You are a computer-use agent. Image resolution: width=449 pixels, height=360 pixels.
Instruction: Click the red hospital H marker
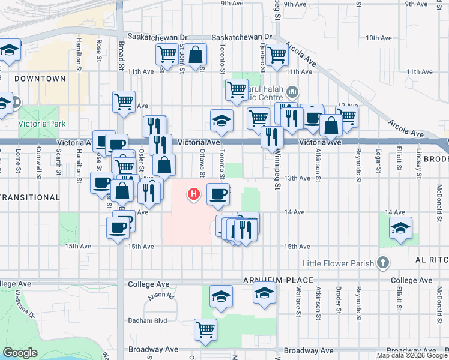click(193, 194)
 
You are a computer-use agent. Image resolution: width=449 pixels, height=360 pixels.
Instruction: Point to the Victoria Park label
click(40, 124)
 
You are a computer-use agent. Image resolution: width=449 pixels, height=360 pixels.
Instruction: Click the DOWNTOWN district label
click(40, 79)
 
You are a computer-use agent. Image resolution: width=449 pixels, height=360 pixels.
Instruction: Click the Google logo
click(20, 353)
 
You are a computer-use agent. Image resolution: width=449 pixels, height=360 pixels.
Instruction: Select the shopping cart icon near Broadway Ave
click(205, 329)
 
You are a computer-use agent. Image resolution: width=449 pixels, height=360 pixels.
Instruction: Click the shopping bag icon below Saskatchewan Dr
click(196, 55)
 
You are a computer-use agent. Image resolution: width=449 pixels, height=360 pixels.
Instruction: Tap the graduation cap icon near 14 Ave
click(401, 229)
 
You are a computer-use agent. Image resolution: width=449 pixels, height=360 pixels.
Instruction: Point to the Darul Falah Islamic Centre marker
click(292, 92)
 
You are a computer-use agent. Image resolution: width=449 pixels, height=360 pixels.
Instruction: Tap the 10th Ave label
click(379, 38)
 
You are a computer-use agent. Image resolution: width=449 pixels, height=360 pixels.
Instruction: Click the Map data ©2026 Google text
click(412, 355)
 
